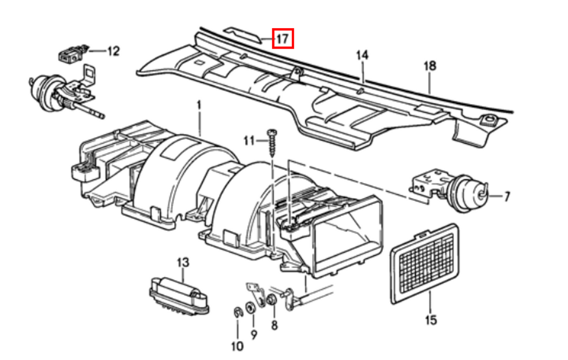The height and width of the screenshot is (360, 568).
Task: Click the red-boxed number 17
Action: (282, 38)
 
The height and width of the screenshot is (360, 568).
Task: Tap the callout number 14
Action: (362, 55)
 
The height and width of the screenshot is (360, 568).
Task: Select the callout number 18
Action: (430, 66)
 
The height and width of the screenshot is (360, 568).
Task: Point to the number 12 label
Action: (113, 50)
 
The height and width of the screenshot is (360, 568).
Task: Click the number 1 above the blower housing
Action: (198, 107)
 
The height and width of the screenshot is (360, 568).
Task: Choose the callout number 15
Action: (430, 320)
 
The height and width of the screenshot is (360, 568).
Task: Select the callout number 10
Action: (237, 346)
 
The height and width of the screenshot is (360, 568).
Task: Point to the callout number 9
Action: (254, 335)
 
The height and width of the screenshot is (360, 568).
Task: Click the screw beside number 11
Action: (271, 143)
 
